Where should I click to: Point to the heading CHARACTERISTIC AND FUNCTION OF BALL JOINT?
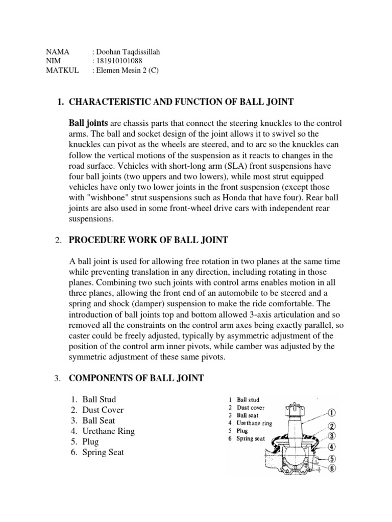click(x=181, y=102)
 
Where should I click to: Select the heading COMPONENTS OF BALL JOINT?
click(x=136, y=378)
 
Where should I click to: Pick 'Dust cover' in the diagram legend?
click(x=252, y=408)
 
